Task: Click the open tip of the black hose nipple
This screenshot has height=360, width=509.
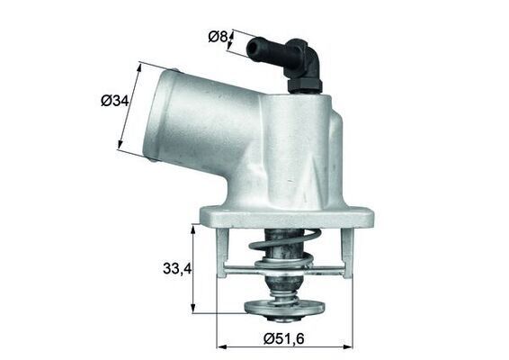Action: click(x=253, y=43)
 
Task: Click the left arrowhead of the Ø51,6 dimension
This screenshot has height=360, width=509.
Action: click(x=220, y=344)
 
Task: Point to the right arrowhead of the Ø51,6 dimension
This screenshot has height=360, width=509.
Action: click(x=352, y=344)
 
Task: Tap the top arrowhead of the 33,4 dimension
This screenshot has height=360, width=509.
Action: click(x=194, y=228)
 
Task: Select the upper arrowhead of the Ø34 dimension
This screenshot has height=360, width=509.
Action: click(x=141, y=66)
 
